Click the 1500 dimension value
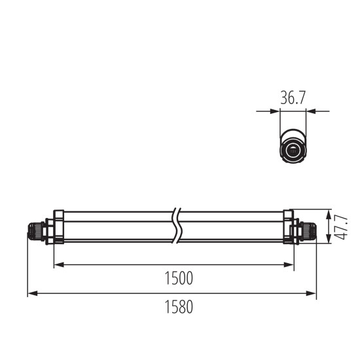(179, 278)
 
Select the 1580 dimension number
(178, 306)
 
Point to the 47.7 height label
(340, 226)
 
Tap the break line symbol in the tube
(176, 226)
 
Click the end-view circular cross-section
(293, 149)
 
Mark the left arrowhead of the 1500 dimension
(57, 264)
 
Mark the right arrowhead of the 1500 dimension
(289, 264)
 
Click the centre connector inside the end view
(293, 151)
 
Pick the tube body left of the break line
(115, 226)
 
